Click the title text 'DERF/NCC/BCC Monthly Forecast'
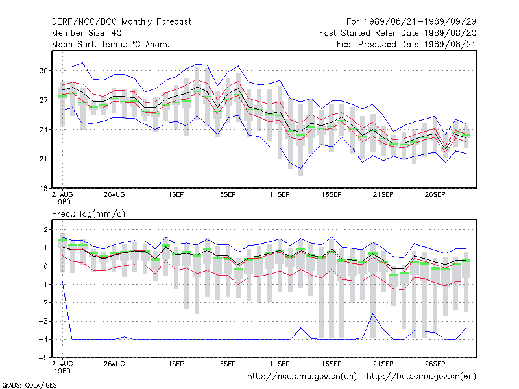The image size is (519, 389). coord(121,22)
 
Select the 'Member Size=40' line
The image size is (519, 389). coord(87,33)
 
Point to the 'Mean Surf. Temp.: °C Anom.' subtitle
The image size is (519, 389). coord(111,44)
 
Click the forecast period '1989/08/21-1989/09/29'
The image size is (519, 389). coord(420,22)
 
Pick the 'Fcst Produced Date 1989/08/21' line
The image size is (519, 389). coord(407,44)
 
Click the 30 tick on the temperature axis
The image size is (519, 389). coord(43,71)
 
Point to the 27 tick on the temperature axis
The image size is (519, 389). coord(43,100)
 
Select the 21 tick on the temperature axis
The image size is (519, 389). coord(43,159)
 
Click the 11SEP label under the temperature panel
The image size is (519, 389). coord(280,195)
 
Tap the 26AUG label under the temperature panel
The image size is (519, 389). coord(114,195)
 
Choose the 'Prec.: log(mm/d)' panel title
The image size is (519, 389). coord(88,214)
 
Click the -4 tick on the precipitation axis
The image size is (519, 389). coord(43,340)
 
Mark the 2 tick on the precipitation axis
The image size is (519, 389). coord(45,230)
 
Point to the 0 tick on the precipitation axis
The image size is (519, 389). coord(45,266)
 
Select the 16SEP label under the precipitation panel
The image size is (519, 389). coord(332,364)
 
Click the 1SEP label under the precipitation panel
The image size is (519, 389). coord(176,364)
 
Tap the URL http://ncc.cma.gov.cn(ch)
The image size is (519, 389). coord(302,377)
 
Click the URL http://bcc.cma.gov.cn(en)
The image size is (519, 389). coord(421,377)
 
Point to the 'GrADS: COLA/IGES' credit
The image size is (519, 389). coord(29,385)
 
